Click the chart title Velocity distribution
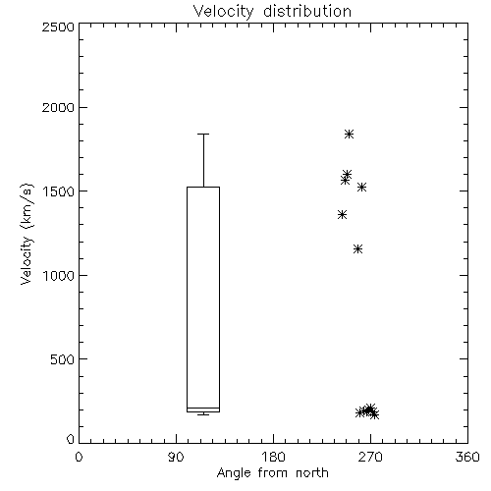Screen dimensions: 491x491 pyautogui.click(x=272, y=12)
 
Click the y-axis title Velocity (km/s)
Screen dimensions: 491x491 pyautogui.click(x=27, y=234)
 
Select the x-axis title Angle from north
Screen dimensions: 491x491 pyautogui.click(x=272, y=473)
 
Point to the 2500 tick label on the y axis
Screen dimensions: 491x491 pyautogui.click(x=58, y=27)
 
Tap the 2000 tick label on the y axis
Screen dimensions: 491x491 pyautogui.click(x=58, y=107)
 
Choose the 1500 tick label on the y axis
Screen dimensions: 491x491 pyautogui.click(x=59, y=191)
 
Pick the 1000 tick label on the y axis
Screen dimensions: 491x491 pyautogui.click(x=59, y=275)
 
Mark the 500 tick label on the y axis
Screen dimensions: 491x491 pyautogui.click(x=63, y=359)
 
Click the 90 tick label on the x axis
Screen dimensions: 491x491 pyautogui.click(x=176, y=457)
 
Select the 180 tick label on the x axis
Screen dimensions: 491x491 pyautogui.click(x=273, y=457)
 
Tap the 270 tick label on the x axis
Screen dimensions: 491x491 pyautogui.click(x=370, y=457)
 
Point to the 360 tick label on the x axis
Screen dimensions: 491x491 pyautogui.click(x=467, y=457)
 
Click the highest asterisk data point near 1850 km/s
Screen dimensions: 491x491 pyautogui.click(x=350, y=134)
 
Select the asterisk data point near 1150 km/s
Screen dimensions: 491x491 pyautogui.click(x=358, y=249)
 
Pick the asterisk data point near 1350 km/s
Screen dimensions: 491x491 pyautogui.click(x=343, y=215)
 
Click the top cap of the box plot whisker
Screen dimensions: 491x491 pyautogui.click(x=203, y=134)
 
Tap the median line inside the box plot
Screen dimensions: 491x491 pyautogui.click(x=203, y=408)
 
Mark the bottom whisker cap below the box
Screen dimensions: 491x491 pyautogui.click(x=203, y=414)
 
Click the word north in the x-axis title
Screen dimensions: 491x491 pyautogui.click(x=312, y=473)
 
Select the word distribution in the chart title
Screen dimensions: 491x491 pyautogui.click(x=307, y=12)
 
